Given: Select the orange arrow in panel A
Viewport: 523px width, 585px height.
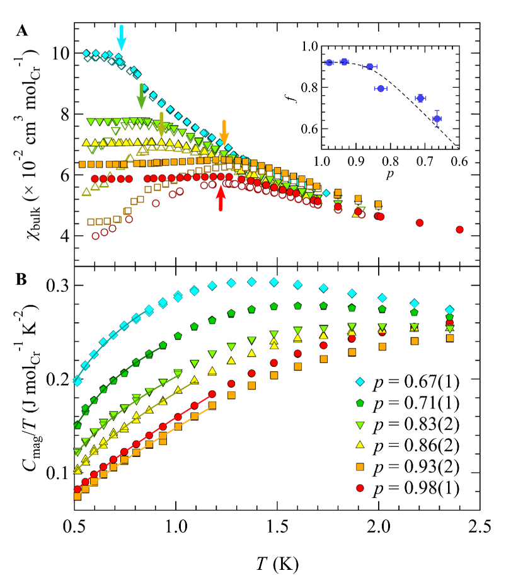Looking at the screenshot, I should click(224, 133).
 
